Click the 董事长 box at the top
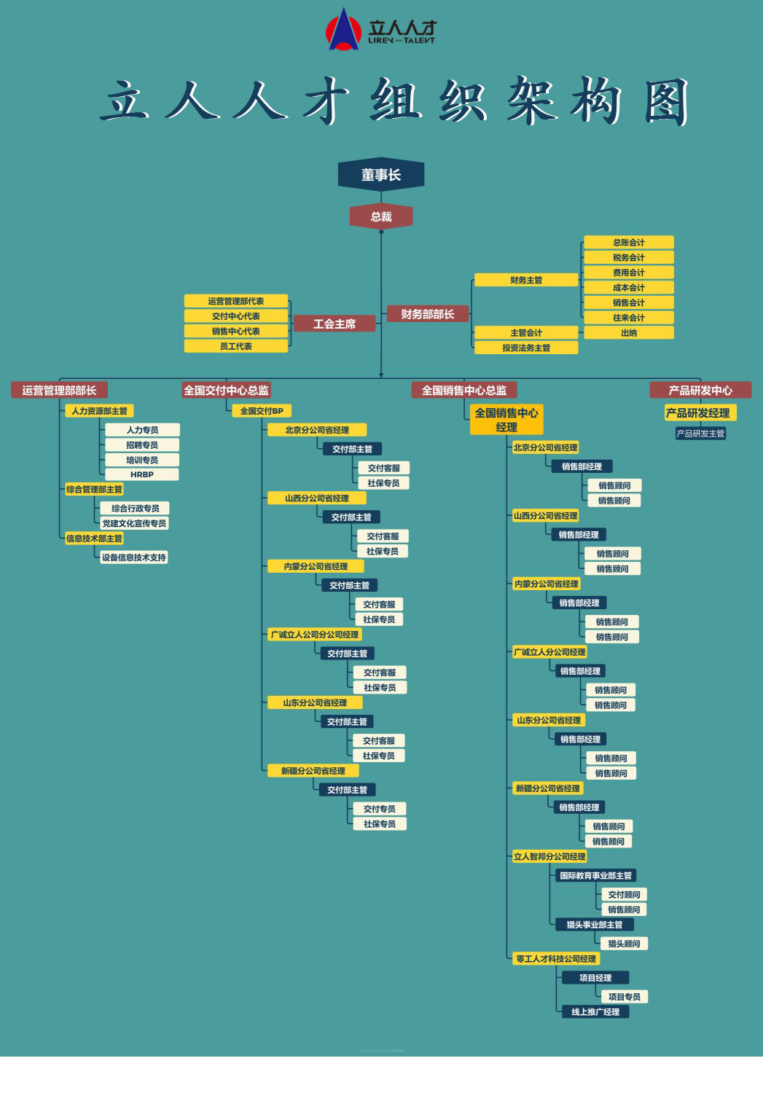tap(380, 175)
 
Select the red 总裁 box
tap(381, 216)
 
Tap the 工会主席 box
tap(334, 324)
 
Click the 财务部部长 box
tap(428, 314)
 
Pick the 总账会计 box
tap(628, 243)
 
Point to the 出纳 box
tap(628, 333)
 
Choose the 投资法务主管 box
tap(526, 348)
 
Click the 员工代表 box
tap(236, 346)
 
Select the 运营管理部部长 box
tap(59, 390)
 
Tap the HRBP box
tap(142, 474)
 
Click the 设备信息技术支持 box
tap(134, 557)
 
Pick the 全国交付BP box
tap(262, 411)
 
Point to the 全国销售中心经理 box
tap(506, 420)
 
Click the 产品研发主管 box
tap(700, 434)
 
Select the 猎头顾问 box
tap(624, 944)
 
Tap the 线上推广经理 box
tap(595, 1011)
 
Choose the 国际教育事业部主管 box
tap(595, 875)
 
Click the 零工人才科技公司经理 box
tap(556, 959)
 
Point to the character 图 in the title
tap(666, 102)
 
